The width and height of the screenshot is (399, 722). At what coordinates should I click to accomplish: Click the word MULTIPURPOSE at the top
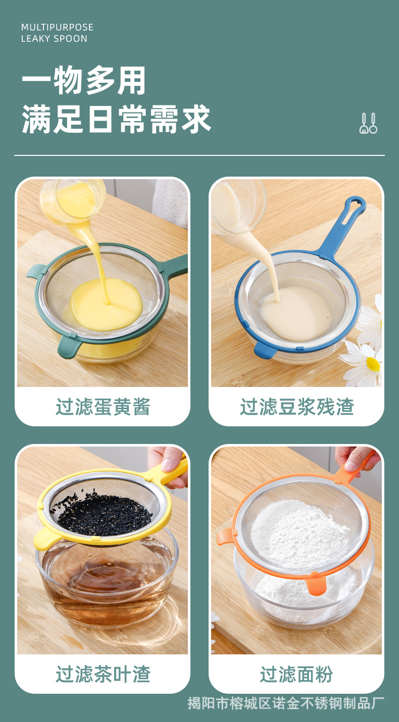[57, 27]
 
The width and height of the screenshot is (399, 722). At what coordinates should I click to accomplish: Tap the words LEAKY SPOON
[54, 39]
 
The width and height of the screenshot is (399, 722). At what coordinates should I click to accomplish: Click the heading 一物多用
[84, 81]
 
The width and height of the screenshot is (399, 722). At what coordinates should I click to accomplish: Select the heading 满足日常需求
[116, 120]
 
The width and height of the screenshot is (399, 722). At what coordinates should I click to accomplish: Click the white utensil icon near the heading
[368, 123]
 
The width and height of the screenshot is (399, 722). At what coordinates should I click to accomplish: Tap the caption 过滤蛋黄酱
[103, 407]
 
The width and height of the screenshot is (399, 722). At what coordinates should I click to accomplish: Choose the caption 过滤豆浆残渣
[296, 407]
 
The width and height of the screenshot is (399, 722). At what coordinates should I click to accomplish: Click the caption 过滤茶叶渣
[103, 674]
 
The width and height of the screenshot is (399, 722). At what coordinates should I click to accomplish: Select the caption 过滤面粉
[296, 674]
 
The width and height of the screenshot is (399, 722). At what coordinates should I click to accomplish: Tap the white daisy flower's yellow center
[373, 364]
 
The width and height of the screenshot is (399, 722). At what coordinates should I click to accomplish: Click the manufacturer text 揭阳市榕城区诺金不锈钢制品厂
[286, 703]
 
